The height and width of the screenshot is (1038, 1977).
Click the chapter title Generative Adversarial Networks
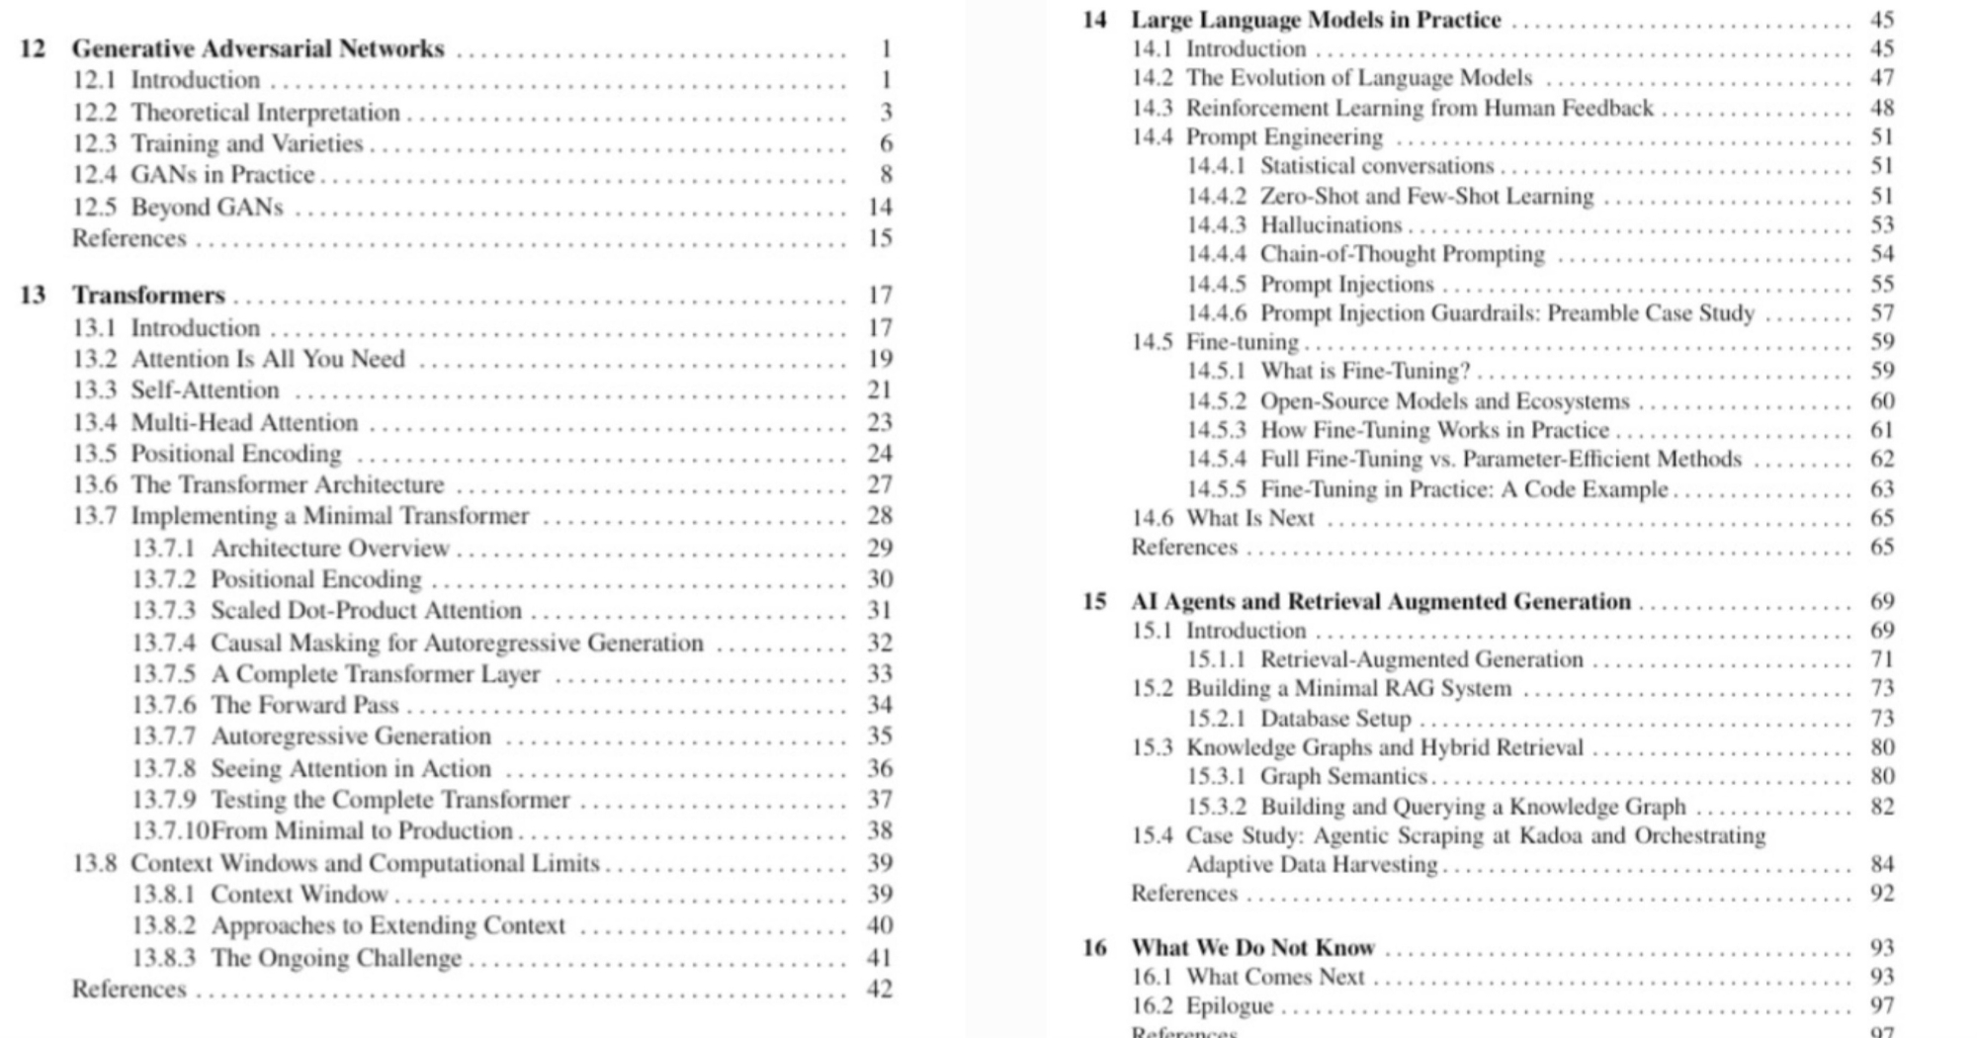pos(258,48)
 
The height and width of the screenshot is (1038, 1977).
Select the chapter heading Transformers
pos(148,296)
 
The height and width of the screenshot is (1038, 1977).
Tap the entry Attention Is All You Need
pos(268,359)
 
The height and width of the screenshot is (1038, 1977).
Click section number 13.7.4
pos(164,644)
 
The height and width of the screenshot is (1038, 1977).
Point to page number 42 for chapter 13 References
pos(880,990)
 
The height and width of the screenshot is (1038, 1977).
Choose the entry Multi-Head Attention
pos(244,423)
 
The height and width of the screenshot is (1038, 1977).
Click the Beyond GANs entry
pos(207,208)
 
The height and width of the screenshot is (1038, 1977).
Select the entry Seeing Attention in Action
pos(350,769)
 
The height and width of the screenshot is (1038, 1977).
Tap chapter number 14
pos(1094,20)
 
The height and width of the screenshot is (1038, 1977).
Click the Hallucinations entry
pos(1331,225)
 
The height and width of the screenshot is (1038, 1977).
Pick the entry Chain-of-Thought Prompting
pos(1402,254)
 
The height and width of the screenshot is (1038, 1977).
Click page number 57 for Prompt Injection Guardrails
pos(1882,313)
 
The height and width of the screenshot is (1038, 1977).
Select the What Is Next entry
pos(1249,518)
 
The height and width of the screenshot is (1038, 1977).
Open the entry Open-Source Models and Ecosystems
pos(1444,401)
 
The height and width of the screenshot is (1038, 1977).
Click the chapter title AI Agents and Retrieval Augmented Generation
pos(1381,602)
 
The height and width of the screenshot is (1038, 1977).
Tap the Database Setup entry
pos(1335,719)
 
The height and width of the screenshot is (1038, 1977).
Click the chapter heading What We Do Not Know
pos(1252,948)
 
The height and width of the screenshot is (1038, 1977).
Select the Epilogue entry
pos(1230,1006)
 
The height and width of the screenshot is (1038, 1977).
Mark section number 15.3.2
pos(1216,807)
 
